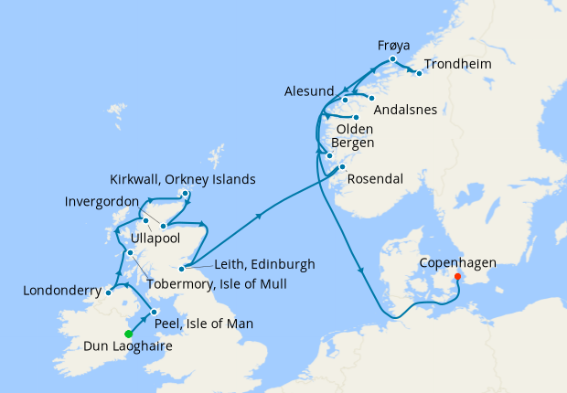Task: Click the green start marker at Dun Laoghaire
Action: tap(128, 334)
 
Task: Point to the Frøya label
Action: tap(393, 44)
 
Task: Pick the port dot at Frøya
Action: tap(392, 59)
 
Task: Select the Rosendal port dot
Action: tap(341, 167)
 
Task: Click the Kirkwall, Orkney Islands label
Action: tap(182, 178)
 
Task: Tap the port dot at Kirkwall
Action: tap(186, 193)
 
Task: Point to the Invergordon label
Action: tap(102, 201)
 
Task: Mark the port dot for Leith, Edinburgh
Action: tap(182, 268)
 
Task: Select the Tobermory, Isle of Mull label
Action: tap(216, 284)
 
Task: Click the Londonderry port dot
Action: tap(108, 292)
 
